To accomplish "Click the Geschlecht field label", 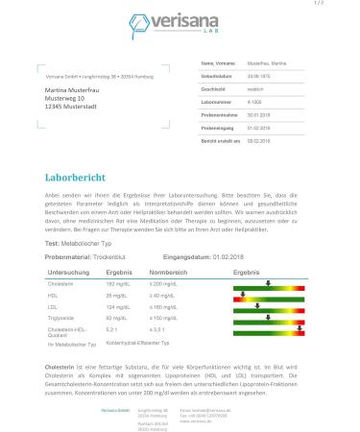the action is [214, 89].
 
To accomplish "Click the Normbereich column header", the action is [168, 273].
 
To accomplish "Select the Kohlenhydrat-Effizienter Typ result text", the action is [143, 342].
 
